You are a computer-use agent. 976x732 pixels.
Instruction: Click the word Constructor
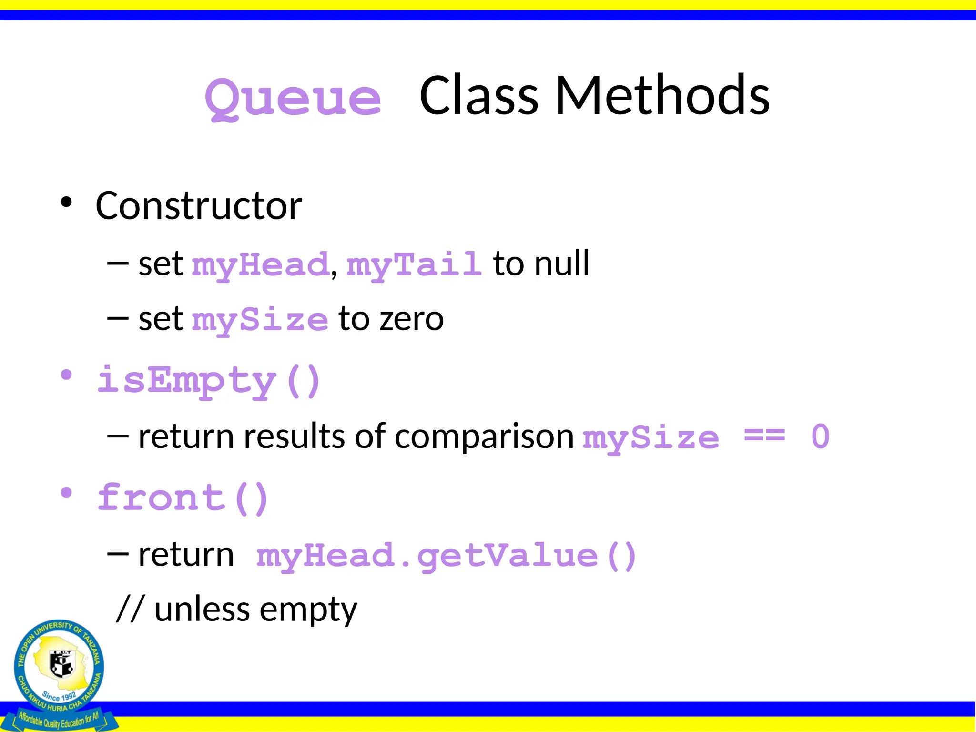point(199,206)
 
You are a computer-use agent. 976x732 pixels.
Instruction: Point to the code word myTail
point(414,264)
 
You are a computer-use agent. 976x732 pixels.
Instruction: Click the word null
point(562,264)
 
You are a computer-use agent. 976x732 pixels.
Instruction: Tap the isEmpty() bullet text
point(209,381)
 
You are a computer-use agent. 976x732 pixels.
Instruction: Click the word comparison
point(484,437)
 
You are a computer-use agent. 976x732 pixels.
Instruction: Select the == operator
point(764,436)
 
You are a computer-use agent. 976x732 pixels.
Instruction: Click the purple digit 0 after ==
point(820,437)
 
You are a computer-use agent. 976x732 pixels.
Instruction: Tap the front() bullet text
point(183,498)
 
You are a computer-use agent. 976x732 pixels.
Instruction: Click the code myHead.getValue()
point(446,556)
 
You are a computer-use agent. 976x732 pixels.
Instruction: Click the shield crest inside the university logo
point(61,663)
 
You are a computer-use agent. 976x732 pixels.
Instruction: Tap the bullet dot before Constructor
point(66,203)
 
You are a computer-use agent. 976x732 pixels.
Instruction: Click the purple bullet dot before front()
point(66,493)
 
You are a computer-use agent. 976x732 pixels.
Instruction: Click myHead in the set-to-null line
point(260,264)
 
